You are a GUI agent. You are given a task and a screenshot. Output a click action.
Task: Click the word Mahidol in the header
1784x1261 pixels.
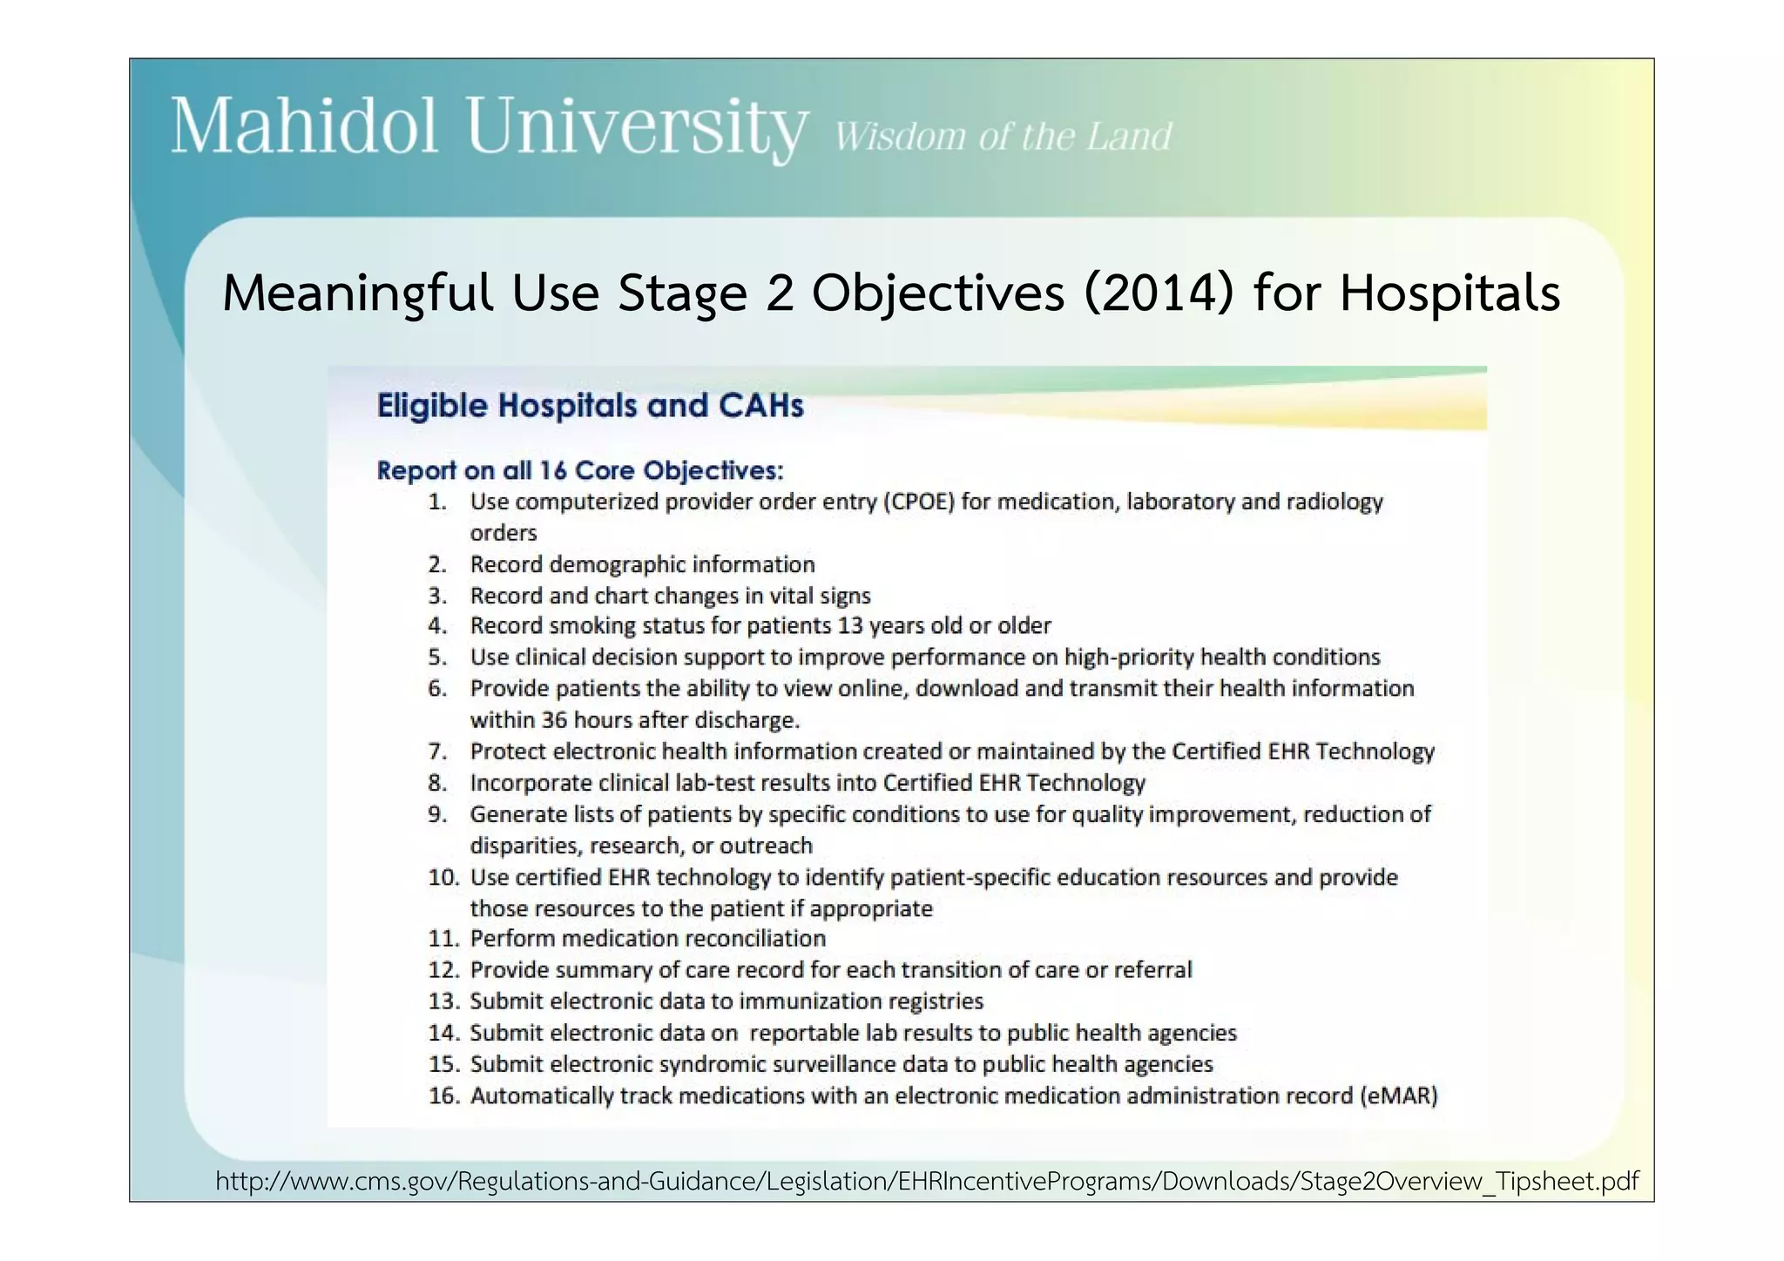(x=303, y=127)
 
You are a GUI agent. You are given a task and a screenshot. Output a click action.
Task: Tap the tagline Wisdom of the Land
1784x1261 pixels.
(x=1003, y=137)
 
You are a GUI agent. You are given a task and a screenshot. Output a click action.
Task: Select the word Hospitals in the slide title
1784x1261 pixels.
(x=1449, y=293)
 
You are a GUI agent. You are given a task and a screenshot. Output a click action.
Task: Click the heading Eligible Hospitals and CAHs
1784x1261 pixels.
(x=590, y=406)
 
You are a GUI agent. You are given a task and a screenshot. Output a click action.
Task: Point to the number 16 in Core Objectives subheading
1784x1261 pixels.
(x=552, y=470)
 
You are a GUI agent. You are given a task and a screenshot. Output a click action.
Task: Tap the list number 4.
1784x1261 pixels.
(x=436, y=626)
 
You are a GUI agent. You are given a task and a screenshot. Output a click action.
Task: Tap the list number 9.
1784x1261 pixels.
(x=436, y=814)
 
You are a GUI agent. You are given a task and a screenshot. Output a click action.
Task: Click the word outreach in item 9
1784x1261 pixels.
(x=766, y=846)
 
